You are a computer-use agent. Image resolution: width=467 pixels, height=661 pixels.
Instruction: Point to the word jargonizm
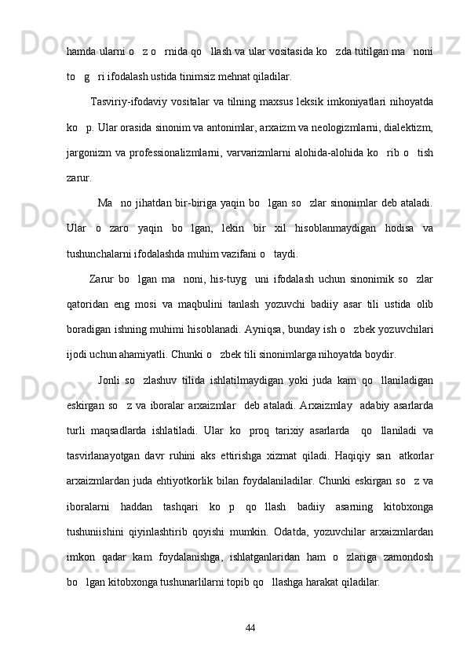[x=90, y=152]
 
